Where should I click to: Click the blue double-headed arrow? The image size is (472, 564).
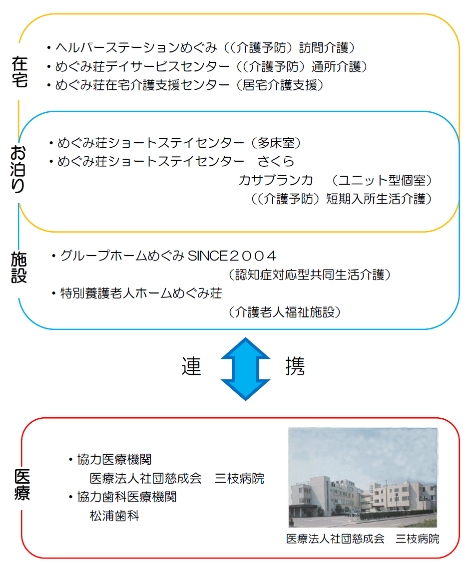(246, 369)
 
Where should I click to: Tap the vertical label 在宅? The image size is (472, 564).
(19, 72)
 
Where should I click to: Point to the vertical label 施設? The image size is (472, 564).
(19, 267)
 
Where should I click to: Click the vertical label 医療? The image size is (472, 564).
(22, 485)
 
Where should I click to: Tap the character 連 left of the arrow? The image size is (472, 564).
(191, 366)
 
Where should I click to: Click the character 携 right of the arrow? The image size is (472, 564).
(295, 366)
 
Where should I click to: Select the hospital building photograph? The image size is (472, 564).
(363, 477)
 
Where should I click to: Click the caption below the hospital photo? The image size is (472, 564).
(363, 539)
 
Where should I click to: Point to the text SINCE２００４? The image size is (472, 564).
(232, 256)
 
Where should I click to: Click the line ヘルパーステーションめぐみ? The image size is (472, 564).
(136, 47)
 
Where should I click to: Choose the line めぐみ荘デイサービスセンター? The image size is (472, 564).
(142, 66)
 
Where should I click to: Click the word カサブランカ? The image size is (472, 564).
(276, 180)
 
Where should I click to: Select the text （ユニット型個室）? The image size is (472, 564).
(382, 180)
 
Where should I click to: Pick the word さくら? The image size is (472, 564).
(276, 161)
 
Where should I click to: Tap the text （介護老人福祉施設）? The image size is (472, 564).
(284, 312)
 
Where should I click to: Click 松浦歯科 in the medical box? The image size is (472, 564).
(114, 516)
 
